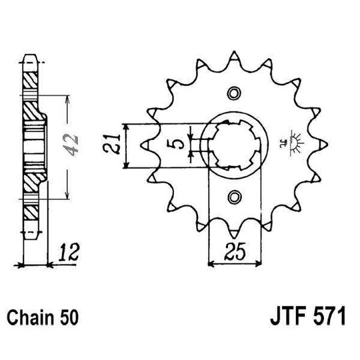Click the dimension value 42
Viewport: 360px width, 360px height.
tap(74, 142)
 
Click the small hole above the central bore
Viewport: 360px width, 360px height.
tap(233, 92)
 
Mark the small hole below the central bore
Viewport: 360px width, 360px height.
tap(233, 196)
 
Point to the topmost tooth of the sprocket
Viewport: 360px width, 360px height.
tap(233, 53)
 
